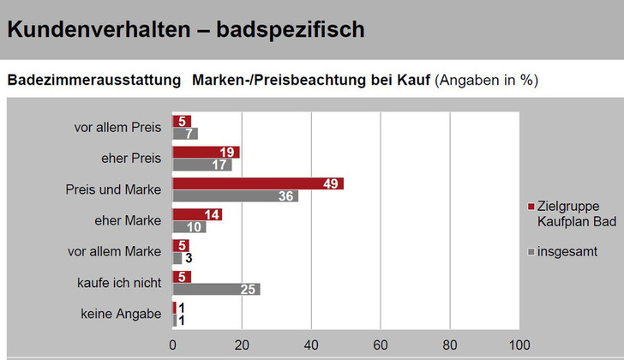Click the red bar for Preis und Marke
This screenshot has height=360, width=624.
(x=257, y=183)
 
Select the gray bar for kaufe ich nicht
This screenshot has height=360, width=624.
(x=216, y=289)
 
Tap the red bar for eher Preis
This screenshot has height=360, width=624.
(x=206, y=152)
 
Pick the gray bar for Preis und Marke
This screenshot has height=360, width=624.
(x=235, y=196)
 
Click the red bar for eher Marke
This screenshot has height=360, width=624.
(x=197, y=215)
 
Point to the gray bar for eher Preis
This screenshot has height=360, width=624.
(x=202, y=165)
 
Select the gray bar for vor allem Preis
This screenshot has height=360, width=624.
(x=185, y=134)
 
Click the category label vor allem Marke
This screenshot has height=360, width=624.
(x=115, y=252)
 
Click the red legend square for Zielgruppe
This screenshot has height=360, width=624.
(x=531, y=207)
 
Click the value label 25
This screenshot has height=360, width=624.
(x=249, y=289)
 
